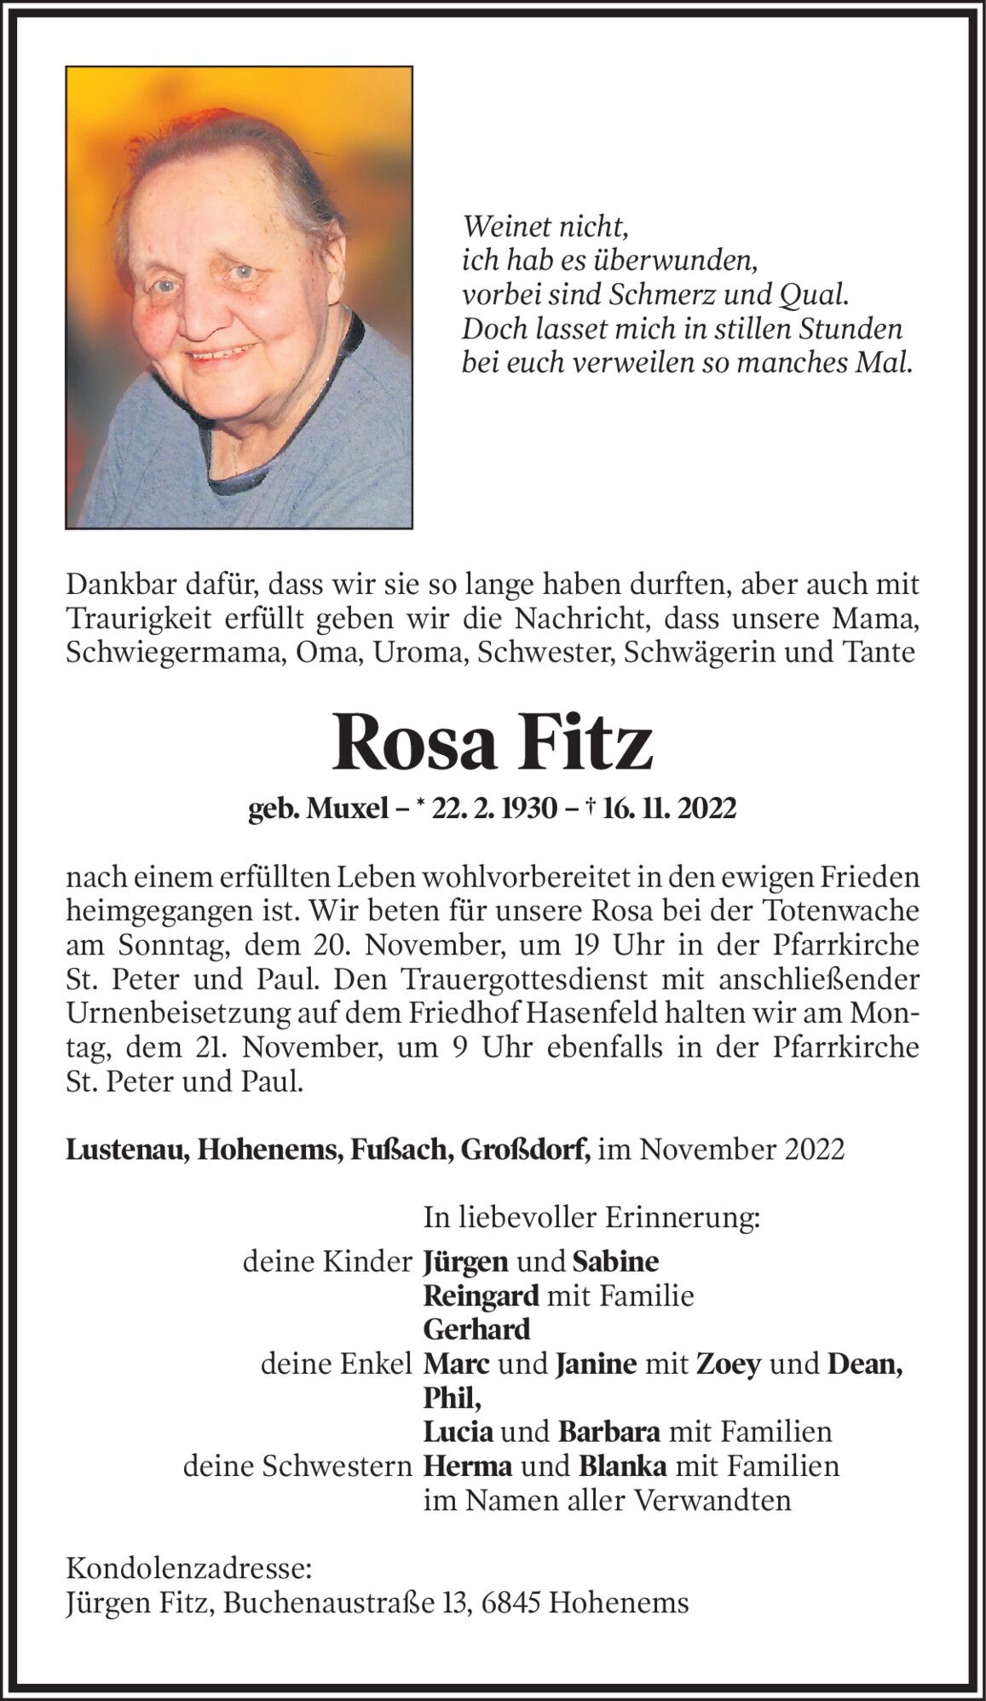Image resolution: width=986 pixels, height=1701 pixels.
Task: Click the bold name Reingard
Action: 481,1296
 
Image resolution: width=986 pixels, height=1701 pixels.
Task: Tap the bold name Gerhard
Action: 477,1329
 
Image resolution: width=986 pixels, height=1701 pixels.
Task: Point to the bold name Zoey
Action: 729,1364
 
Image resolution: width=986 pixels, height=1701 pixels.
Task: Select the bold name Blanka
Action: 623,1466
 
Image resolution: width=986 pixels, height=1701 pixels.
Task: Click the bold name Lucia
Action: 458,1432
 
